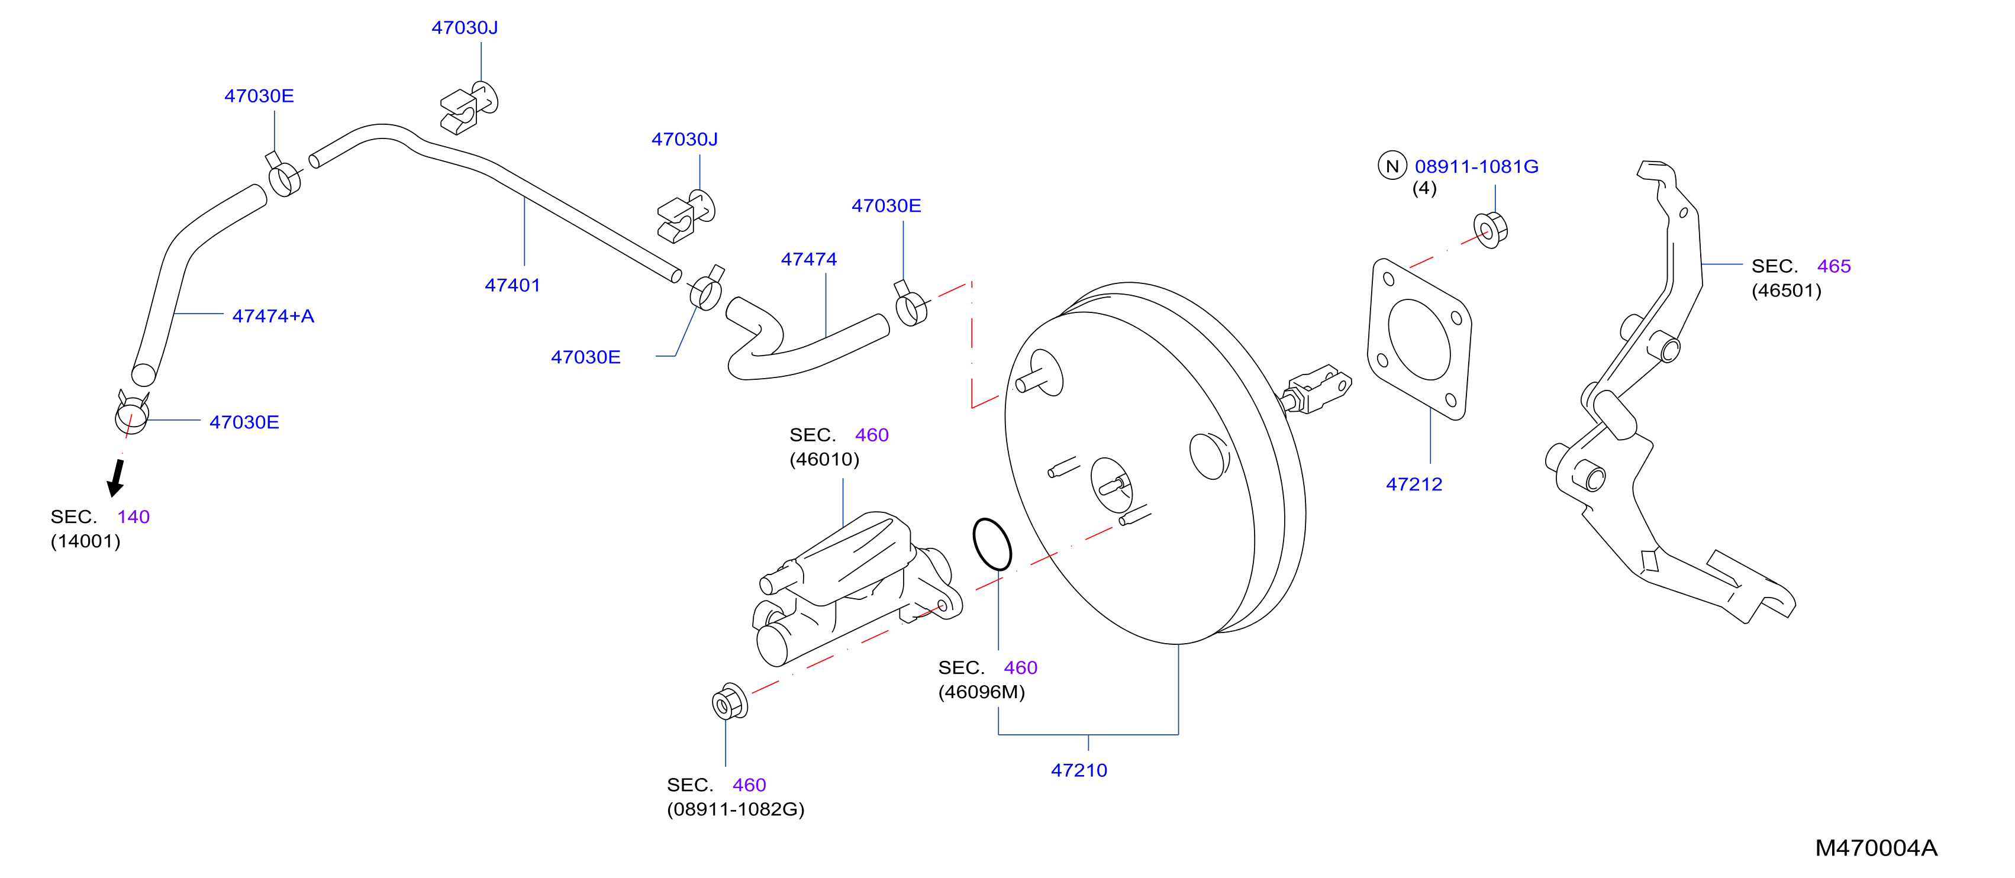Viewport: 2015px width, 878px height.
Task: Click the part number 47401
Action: pos(512,285)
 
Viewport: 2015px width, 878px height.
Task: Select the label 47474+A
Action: pos(273,316)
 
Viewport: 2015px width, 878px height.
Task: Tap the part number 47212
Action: pos(1414,484)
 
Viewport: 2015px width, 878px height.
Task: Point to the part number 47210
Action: pos(1079,770)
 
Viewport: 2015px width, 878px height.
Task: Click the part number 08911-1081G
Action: pos(1476,166)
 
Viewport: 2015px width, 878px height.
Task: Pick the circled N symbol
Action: pos(1392,166)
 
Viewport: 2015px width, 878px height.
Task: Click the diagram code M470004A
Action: pos(1876,847)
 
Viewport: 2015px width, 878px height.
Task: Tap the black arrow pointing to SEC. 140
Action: pos(117,477)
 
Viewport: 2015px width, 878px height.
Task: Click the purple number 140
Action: pos(133,517)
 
